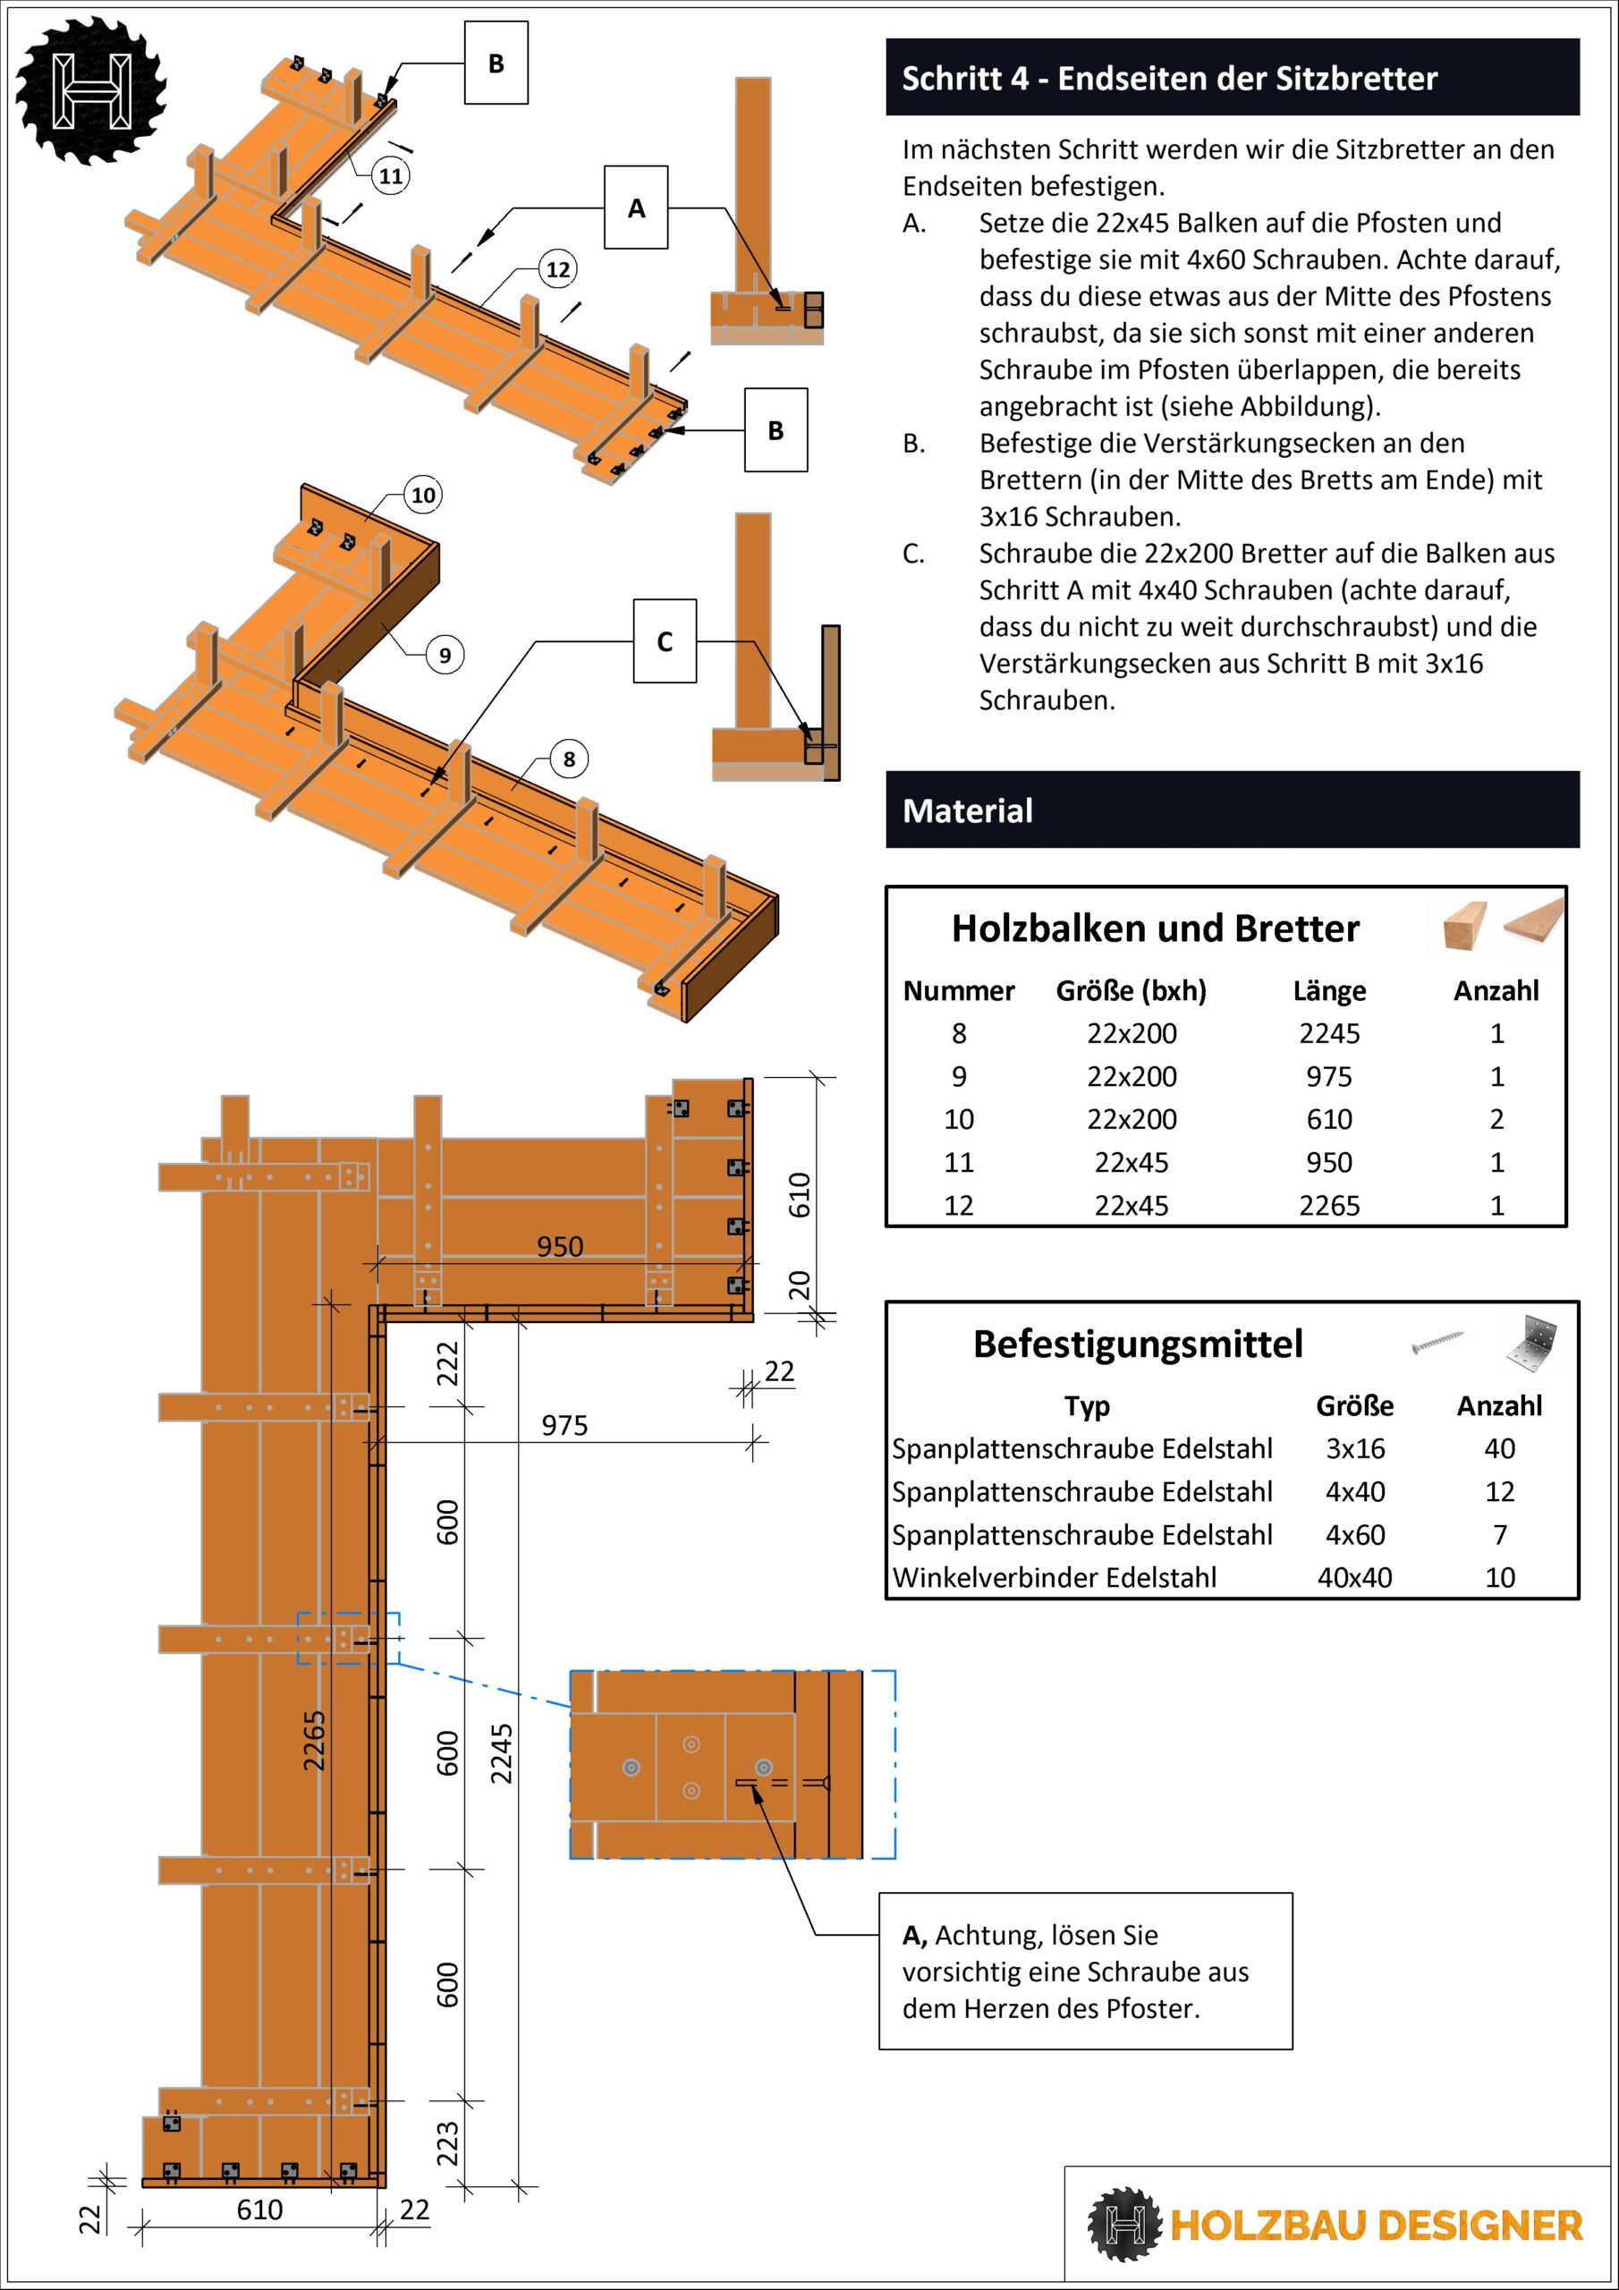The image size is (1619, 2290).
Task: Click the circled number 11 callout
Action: coord(390,176)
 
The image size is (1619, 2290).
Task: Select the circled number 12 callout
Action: coord(557,269)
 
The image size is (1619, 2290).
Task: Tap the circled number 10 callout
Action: coord(423,495)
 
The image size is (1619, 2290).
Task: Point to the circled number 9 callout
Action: coord(445,656)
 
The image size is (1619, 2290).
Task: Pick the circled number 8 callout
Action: coord(569,759)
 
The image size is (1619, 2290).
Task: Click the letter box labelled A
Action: coord(635,208)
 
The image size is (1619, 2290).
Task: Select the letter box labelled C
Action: coord(665,641)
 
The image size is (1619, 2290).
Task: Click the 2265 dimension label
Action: coord(314,1741)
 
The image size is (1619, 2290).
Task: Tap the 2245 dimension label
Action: coord(501,1753)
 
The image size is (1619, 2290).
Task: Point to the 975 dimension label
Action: coord(564,1425)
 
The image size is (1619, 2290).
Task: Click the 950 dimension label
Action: coord(560,1247)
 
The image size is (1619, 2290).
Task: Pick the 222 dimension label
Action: coord(448,1363)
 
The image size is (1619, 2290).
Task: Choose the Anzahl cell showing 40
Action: coord(1499,1448)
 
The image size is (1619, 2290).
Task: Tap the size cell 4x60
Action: coord(1354,1534)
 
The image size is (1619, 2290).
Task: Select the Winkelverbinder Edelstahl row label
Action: coord(1055,1577)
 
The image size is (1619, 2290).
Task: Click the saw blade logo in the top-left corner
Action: coord(90,89)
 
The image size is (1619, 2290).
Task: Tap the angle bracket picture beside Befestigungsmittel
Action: coord(1531,1343)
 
